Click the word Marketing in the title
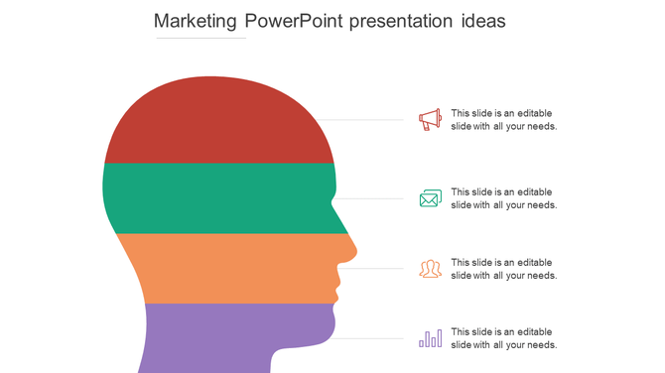[192, 21]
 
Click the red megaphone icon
[430, 120]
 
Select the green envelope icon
[430, 198]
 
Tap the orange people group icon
[430, 269]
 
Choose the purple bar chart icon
[430, 338]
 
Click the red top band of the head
[218, 124]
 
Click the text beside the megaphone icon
[503, 120]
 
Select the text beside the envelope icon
[503, 198]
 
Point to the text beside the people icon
[503, 269]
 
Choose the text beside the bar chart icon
[503, 338]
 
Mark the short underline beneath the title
[201, 39]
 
